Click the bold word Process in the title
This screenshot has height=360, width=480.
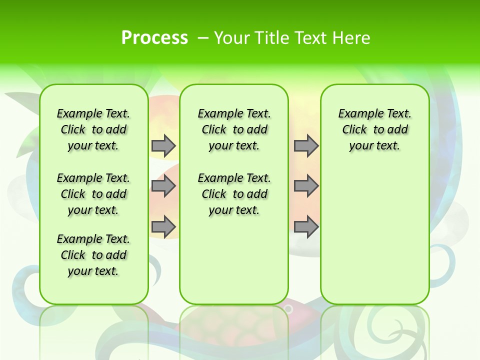click(x=154, y=38)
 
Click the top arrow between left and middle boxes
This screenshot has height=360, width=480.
click(x=163, y=145)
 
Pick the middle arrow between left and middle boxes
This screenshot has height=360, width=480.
click(x=163, y=186)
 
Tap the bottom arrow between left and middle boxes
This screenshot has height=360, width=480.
click(x=163, y=226)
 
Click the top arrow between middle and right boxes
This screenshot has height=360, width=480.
click(x=306, y=145)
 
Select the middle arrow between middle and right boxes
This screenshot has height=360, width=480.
click(x=306, y=186)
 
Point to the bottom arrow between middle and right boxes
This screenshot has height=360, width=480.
click(x=306, y=226)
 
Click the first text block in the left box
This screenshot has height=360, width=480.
click(x=93, y=129)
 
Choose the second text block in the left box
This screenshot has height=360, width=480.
click(x=93, y=194)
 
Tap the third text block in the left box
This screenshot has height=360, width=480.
click(x=93, y=255)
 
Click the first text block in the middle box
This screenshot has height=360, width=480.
click(x=234, y=129)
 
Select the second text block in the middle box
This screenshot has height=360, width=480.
click(x=234, y=194)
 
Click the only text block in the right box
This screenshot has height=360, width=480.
click(x=375, y=129)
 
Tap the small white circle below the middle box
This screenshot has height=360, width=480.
click(x=288, y=309)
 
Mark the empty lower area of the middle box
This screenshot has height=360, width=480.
click(x=234, y=260)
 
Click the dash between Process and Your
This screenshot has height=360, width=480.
click(x=203, y=38)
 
